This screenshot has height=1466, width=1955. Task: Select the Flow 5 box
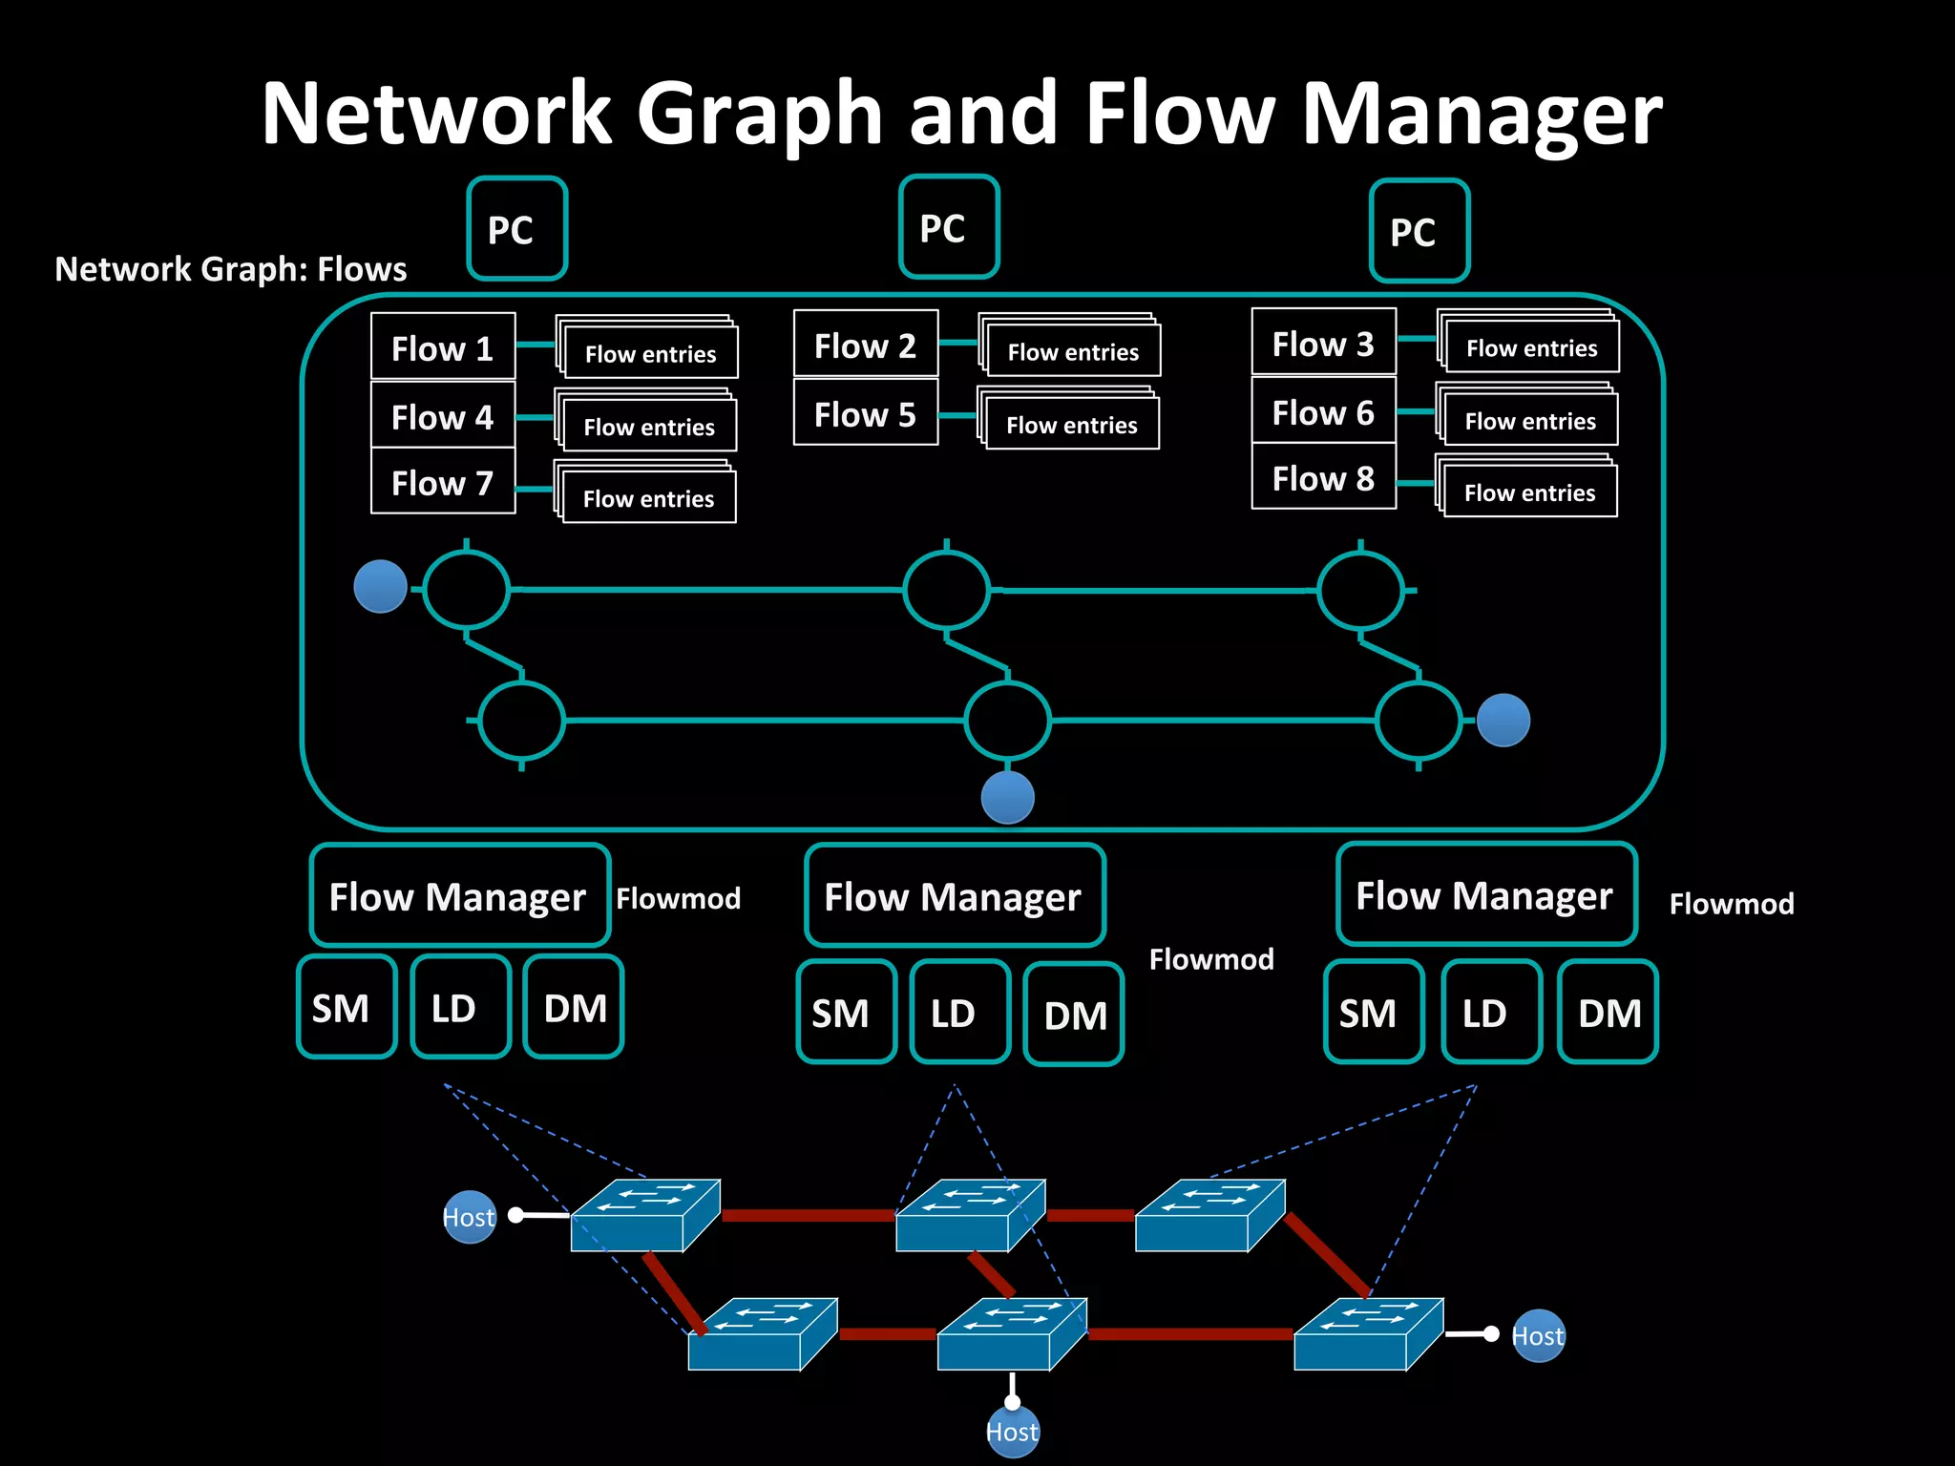(865, 413)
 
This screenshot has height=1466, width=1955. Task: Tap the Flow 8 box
(1323, 477)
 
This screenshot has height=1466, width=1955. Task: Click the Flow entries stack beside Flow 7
(646, 493)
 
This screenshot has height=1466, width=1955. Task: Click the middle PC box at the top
(948, 227)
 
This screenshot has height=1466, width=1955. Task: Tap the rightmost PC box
(1419, 231)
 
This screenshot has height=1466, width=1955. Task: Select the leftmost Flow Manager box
(459, 895)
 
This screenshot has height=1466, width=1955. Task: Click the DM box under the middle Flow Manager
(1073, 1014)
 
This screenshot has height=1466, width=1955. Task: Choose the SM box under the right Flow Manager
(1373, 1012)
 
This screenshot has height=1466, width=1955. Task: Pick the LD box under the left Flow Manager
(460, 1007)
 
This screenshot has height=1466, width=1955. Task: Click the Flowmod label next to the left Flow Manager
(678, 898)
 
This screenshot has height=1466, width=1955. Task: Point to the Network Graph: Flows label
(231, 269)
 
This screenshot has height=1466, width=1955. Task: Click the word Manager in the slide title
(1482, 115)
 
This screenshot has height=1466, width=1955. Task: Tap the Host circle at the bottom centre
(1012, 1431)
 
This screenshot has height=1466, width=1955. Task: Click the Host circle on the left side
(470, 1217)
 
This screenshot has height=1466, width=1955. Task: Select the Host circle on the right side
(1538, 1335)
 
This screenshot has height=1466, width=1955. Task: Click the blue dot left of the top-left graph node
(380, 586)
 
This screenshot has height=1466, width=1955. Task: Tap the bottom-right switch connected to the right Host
(1367, 1334)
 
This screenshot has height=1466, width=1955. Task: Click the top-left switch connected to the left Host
(644, 1215)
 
